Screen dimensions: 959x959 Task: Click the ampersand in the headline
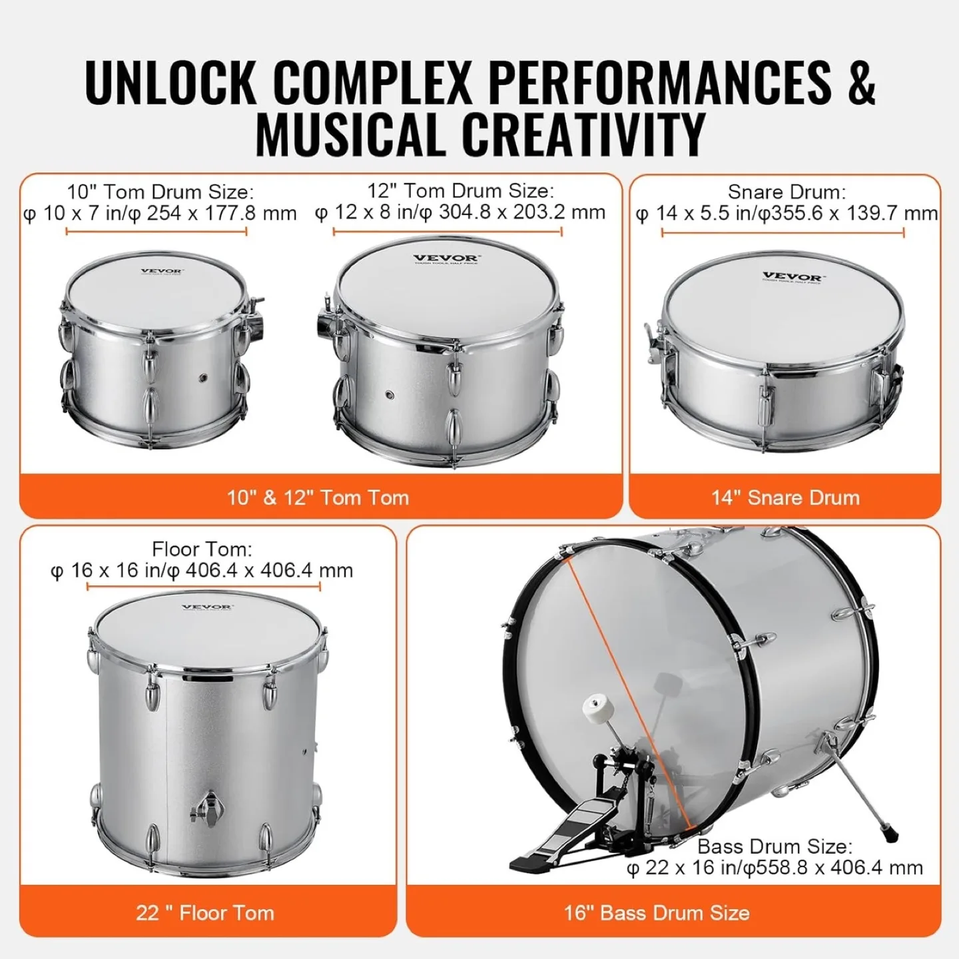[x=861, y=82]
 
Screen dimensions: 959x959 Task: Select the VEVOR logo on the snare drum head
[x=791, y=276]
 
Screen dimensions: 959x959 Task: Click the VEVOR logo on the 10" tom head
[x=161, y=271]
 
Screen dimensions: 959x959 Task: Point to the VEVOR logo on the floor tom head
[x=207, y=607]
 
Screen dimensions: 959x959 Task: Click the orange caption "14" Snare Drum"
[x=785, y=497]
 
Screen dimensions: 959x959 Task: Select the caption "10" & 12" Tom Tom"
[x=318, y=497]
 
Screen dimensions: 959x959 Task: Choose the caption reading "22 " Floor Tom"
[x=205, y=912]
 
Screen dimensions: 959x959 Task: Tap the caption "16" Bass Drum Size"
[x=657, y=912]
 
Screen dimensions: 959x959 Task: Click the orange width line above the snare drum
[x=783, y=232]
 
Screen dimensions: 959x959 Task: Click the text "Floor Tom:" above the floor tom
[x=202, y=549]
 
